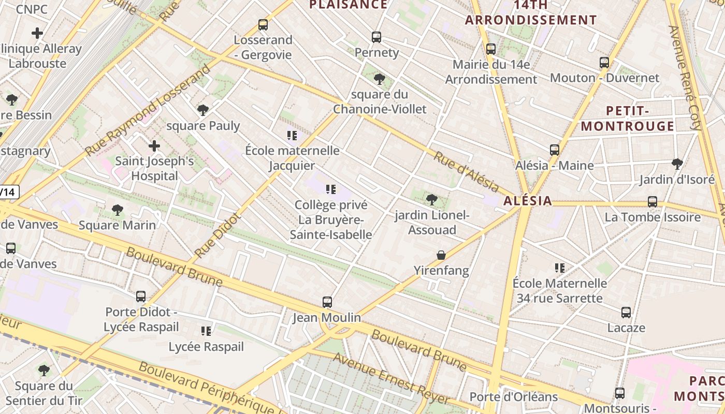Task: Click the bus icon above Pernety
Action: point(376,37)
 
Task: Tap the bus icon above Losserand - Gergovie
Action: point(263,25)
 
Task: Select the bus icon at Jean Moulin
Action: point(327,302)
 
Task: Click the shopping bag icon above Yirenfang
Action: point(441,255)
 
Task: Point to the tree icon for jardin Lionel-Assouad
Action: point(431,200)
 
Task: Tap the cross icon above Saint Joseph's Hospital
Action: point(154,146)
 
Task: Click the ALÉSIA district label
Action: point(528,201)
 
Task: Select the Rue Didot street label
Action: point(218,236)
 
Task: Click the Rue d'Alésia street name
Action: point(466,172)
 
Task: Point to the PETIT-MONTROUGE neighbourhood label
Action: point(627,119)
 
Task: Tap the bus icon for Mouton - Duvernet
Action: point(604,63)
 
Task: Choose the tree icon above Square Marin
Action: point(118,210)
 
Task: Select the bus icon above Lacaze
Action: point(626,313)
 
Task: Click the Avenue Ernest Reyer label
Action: point(391,379)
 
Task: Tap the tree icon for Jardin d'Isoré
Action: point(677,165)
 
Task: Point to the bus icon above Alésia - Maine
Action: point(555,150)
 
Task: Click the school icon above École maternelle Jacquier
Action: point(292,136)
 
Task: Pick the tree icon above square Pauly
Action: point(203,110)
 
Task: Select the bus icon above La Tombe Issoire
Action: point(653,202)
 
